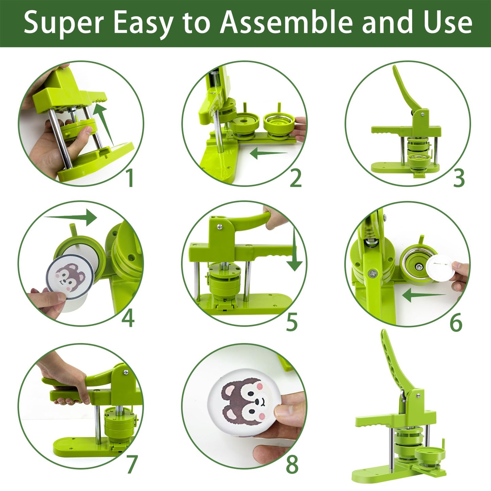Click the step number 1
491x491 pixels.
point(130,178)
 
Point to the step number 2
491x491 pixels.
point(296,178)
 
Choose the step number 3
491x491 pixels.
point(459,178)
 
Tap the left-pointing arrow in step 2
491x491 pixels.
point(268,153)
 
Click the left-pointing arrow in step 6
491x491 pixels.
point(424,295)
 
